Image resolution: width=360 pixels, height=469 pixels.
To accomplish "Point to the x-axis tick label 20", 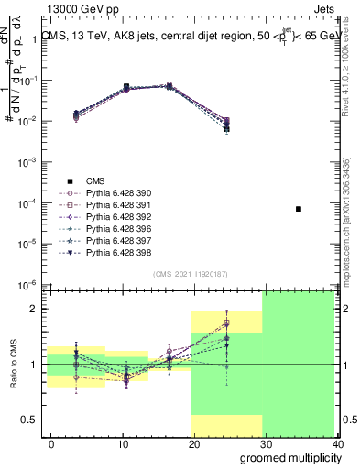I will coord(191,444).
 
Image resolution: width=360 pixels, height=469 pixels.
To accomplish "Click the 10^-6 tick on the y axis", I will coord(29,284).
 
